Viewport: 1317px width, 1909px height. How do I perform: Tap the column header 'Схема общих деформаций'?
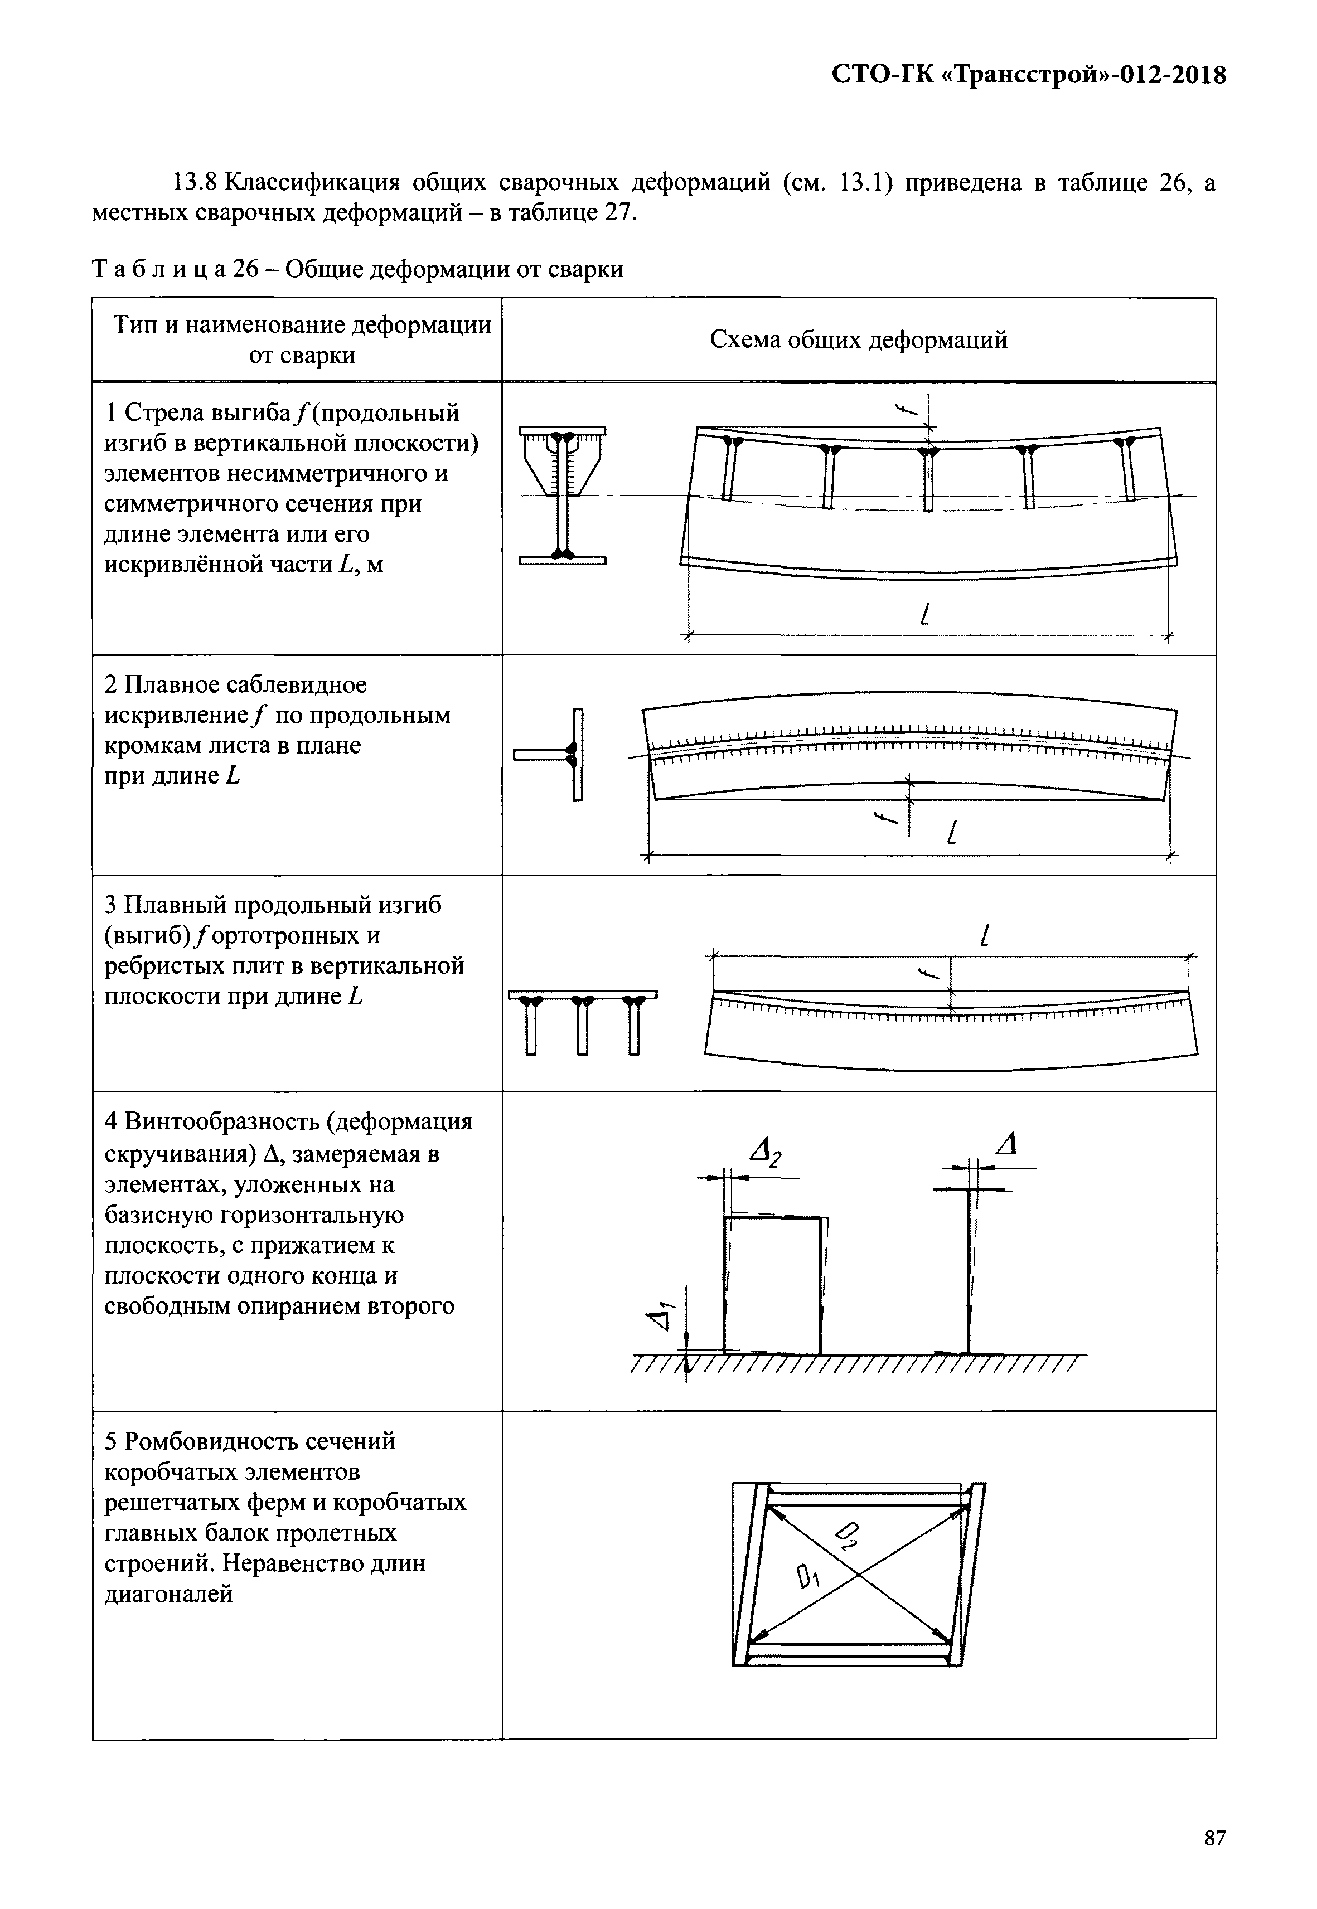coord(858,340)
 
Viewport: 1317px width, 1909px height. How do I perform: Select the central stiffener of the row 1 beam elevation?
coord(928,479)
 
